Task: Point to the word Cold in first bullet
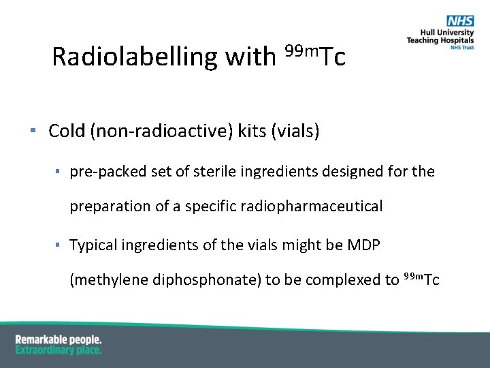67,131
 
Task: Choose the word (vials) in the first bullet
295,131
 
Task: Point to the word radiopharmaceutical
312,206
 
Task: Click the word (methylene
103,280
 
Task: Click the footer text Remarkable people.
58,339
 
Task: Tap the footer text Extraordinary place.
58,350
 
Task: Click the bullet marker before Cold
33,130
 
